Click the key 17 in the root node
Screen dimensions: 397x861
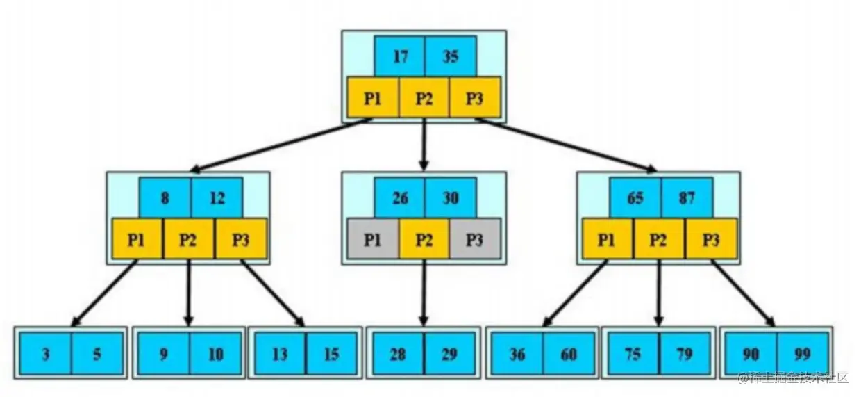(399, 56)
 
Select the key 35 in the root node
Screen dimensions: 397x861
(451, 56)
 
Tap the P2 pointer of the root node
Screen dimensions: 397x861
(424, 97)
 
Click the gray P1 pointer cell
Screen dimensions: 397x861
(372, 239)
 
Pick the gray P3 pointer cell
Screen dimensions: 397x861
(474, 239)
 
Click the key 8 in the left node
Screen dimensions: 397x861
(165, 197)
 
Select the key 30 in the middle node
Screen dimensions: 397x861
(451, 197)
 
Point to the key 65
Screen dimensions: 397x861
(635, 197)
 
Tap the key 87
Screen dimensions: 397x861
(687, 197)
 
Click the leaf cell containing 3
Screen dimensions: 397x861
(45, 354)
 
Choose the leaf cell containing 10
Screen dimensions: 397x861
(216, 354)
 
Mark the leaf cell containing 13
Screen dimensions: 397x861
(279, 354)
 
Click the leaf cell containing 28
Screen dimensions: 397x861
(397, 354)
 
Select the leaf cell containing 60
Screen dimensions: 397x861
(569, 354)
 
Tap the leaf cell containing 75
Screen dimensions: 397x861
(632, 354)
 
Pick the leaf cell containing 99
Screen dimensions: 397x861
(803, 354)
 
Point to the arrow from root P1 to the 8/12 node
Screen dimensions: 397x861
(281, 145)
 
